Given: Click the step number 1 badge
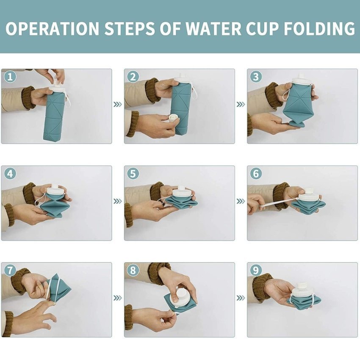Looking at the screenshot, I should coord(10,77).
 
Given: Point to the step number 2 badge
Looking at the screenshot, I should coord(133,77).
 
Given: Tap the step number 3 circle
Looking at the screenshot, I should coord(256,77).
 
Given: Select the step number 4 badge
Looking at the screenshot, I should coord(10,173).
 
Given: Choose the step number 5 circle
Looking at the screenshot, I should coord(133,173).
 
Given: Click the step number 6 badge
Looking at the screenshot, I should coord(256,173).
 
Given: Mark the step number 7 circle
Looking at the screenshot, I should coord(10,270).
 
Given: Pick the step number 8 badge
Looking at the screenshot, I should coord(133,270).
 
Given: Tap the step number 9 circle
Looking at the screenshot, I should coord(256,270).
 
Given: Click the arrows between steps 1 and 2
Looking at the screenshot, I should coord(118,104).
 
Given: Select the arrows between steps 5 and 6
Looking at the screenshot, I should coord(241,201).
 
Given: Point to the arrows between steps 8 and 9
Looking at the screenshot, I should coord(241,298).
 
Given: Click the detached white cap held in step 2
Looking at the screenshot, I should coord(173,117).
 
